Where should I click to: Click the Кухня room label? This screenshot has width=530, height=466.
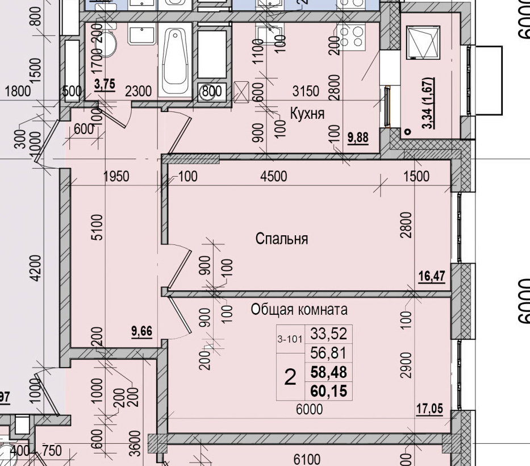(x=307, y=114)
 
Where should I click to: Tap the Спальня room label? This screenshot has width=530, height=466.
(x=282, y=239)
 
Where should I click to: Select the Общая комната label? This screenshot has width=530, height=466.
(x=299, y=310)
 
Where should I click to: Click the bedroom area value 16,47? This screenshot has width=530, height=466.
(x=431, y=277)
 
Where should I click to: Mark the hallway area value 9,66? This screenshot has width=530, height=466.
(x=141, y=331)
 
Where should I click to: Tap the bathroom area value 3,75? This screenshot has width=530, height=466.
(x=105, y=84)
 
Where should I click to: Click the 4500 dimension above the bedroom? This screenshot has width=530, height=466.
(x=273, y=177)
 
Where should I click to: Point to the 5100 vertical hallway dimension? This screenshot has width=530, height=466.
(x=97, y=227)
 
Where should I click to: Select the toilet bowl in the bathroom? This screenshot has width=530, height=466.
(x=109, y=46)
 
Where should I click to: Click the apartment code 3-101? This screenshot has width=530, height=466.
(x=290, y=340)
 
